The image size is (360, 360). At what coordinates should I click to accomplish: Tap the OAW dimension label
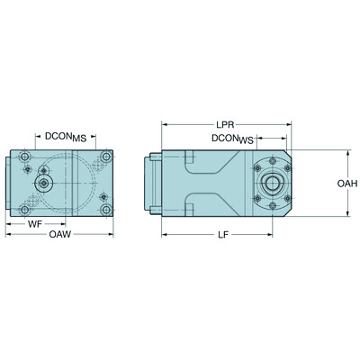point(59,235)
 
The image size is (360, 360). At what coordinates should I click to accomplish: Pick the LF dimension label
point(227,235)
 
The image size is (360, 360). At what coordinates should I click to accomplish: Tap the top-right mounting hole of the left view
point(107,157)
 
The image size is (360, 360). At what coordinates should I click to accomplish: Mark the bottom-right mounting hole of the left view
point(107,211)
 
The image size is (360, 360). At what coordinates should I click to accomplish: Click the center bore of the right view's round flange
point(271,184)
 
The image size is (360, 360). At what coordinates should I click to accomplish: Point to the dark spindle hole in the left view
point(41,184)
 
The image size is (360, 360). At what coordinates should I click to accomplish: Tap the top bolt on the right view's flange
point(271,163)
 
